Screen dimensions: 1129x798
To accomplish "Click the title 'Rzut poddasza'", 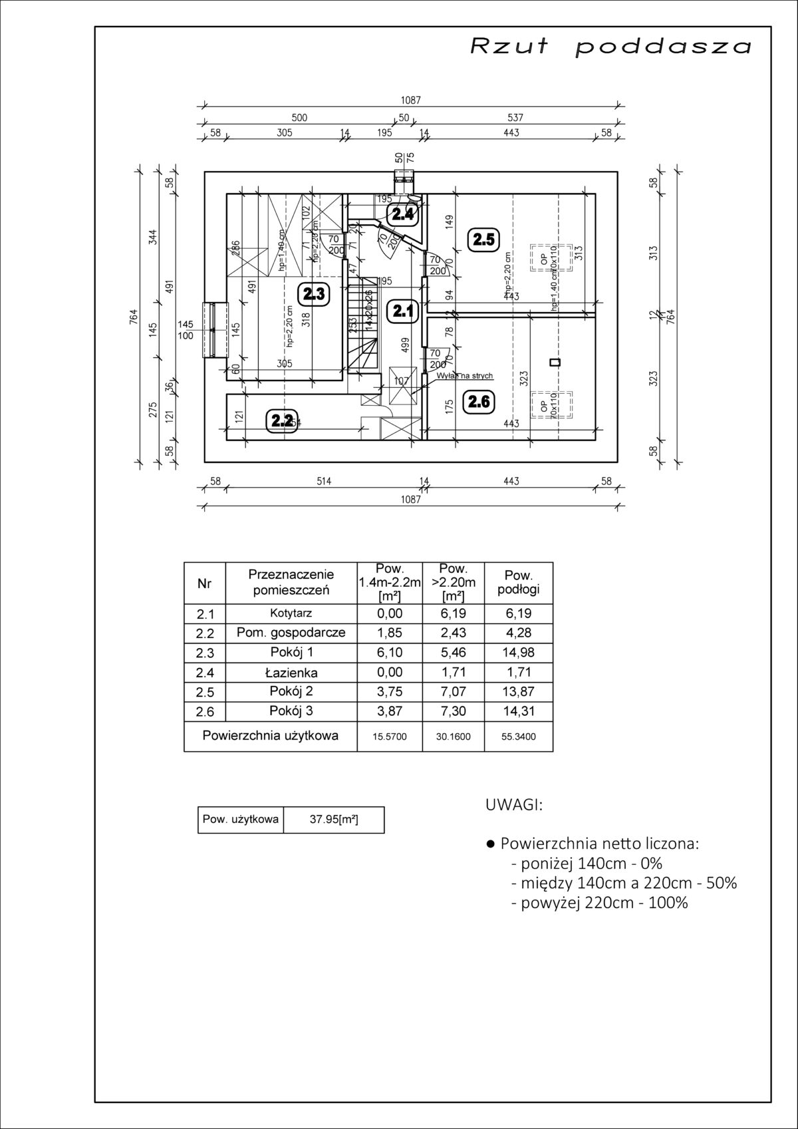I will (611, 47).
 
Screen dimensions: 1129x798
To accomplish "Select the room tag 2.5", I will (483, 240).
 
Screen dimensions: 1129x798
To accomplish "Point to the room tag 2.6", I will (479, 401).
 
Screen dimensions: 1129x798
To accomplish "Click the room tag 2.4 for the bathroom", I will (403, 214).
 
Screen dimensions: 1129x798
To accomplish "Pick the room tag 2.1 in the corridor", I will (402, 311).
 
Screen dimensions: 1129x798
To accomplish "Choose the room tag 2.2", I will (282, 420).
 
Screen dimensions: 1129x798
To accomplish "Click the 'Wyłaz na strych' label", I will (465, 376).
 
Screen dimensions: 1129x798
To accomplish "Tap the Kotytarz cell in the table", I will (291, 613).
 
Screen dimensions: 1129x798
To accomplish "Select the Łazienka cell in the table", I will (291, 673).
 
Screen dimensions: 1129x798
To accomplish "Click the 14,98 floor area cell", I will (518, 653).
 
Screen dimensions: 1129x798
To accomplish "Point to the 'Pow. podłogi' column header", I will (518, 582).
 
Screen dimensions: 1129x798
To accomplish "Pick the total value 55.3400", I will (518, 736).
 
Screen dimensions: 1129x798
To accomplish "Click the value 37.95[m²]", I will (334, 820).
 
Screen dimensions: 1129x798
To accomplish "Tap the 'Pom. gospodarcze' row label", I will (291, 633).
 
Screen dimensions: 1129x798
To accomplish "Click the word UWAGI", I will (514, 805).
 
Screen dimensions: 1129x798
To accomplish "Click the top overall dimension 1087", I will (410, 100).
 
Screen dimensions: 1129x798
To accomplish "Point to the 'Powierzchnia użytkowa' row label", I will (270, 736).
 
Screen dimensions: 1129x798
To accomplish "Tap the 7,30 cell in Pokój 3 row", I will (455, 711).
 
